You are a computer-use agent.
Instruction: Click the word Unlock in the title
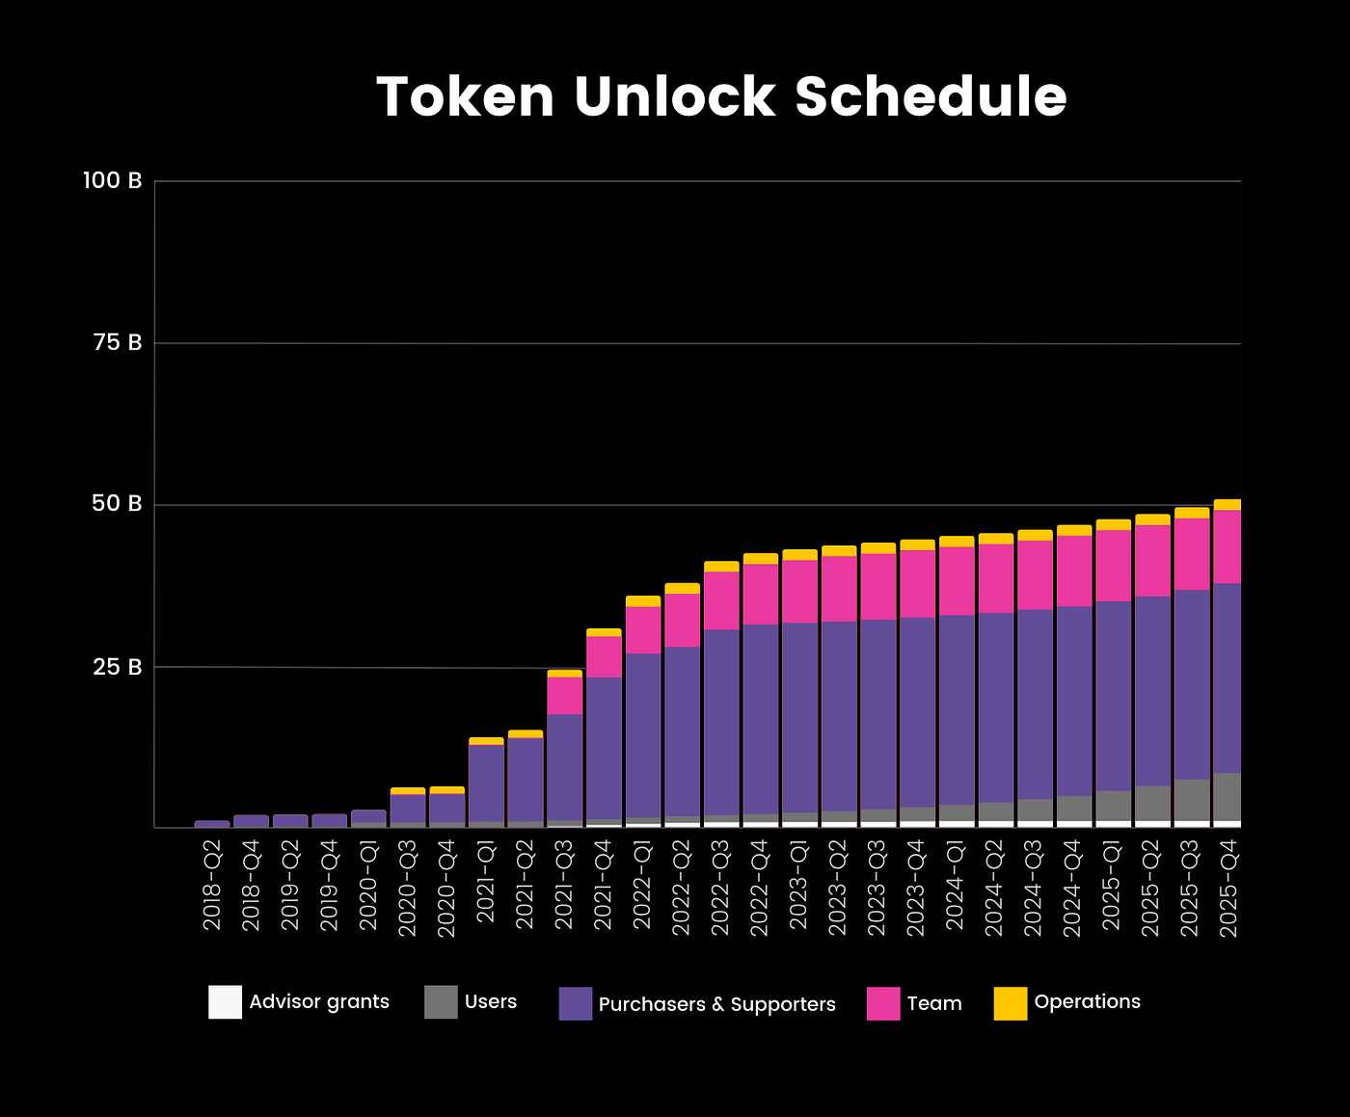pyautogui.click(x=674, y=96)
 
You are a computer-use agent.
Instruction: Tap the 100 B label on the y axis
pyautogui.click(x=112, y=180)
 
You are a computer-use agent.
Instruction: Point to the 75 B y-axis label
pyautogui.click(x=118, y=342)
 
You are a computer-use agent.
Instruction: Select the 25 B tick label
pyautogui.click(x=118, y=666)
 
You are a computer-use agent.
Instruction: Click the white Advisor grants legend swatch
pyautogui.click(x=225, y=1002)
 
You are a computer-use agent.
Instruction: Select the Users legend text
pyautogui.click(x=491, y=1001)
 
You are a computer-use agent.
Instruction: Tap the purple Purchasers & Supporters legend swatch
pyautogui.click(x=575, y=1003)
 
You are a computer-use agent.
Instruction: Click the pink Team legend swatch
pyautogui.click(x=883, y=1003)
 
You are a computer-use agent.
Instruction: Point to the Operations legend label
pyautogui.click(x=1087, y=1001)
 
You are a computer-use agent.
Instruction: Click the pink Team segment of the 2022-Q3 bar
pyautogui.click(x=721, y=600)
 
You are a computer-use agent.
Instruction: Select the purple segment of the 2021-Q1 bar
pyautogui.click(x=486, y=783)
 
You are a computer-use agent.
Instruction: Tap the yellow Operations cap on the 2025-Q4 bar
pyautogui.click(x=1227, y=504)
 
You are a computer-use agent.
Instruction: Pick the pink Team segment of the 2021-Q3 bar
pyautogui.click(x=564, y=695)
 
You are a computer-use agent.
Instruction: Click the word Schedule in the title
pyautogui.click(x=931, y=96)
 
